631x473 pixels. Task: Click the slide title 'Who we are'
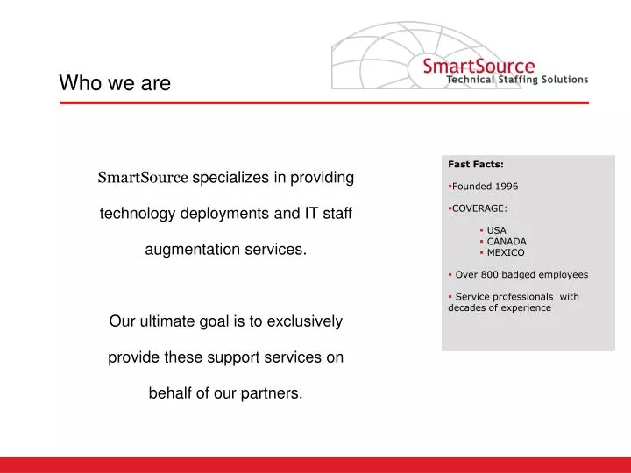tap(114, 83)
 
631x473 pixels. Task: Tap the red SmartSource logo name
tap(478, 66)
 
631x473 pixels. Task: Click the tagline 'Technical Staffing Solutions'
tap(517, 80)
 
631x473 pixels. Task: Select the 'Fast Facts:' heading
tap(476, 163)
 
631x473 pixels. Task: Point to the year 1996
tap(506, 186)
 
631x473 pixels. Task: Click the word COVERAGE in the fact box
tap(479, 208)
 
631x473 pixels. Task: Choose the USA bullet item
tap(496, 230)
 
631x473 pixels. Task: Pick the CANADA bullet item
tap(506, 242)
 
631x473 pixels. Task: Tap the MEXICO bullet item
tap(505, 253)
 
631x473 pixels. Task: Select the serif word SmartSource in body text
tap(142, 179)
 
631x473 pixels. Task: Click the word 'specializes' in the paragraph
tap(230, 178)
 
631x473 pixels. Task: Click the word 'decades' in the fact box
tap(468, 308)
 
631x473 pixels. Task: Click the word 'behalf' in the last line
tap(171, 393)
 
